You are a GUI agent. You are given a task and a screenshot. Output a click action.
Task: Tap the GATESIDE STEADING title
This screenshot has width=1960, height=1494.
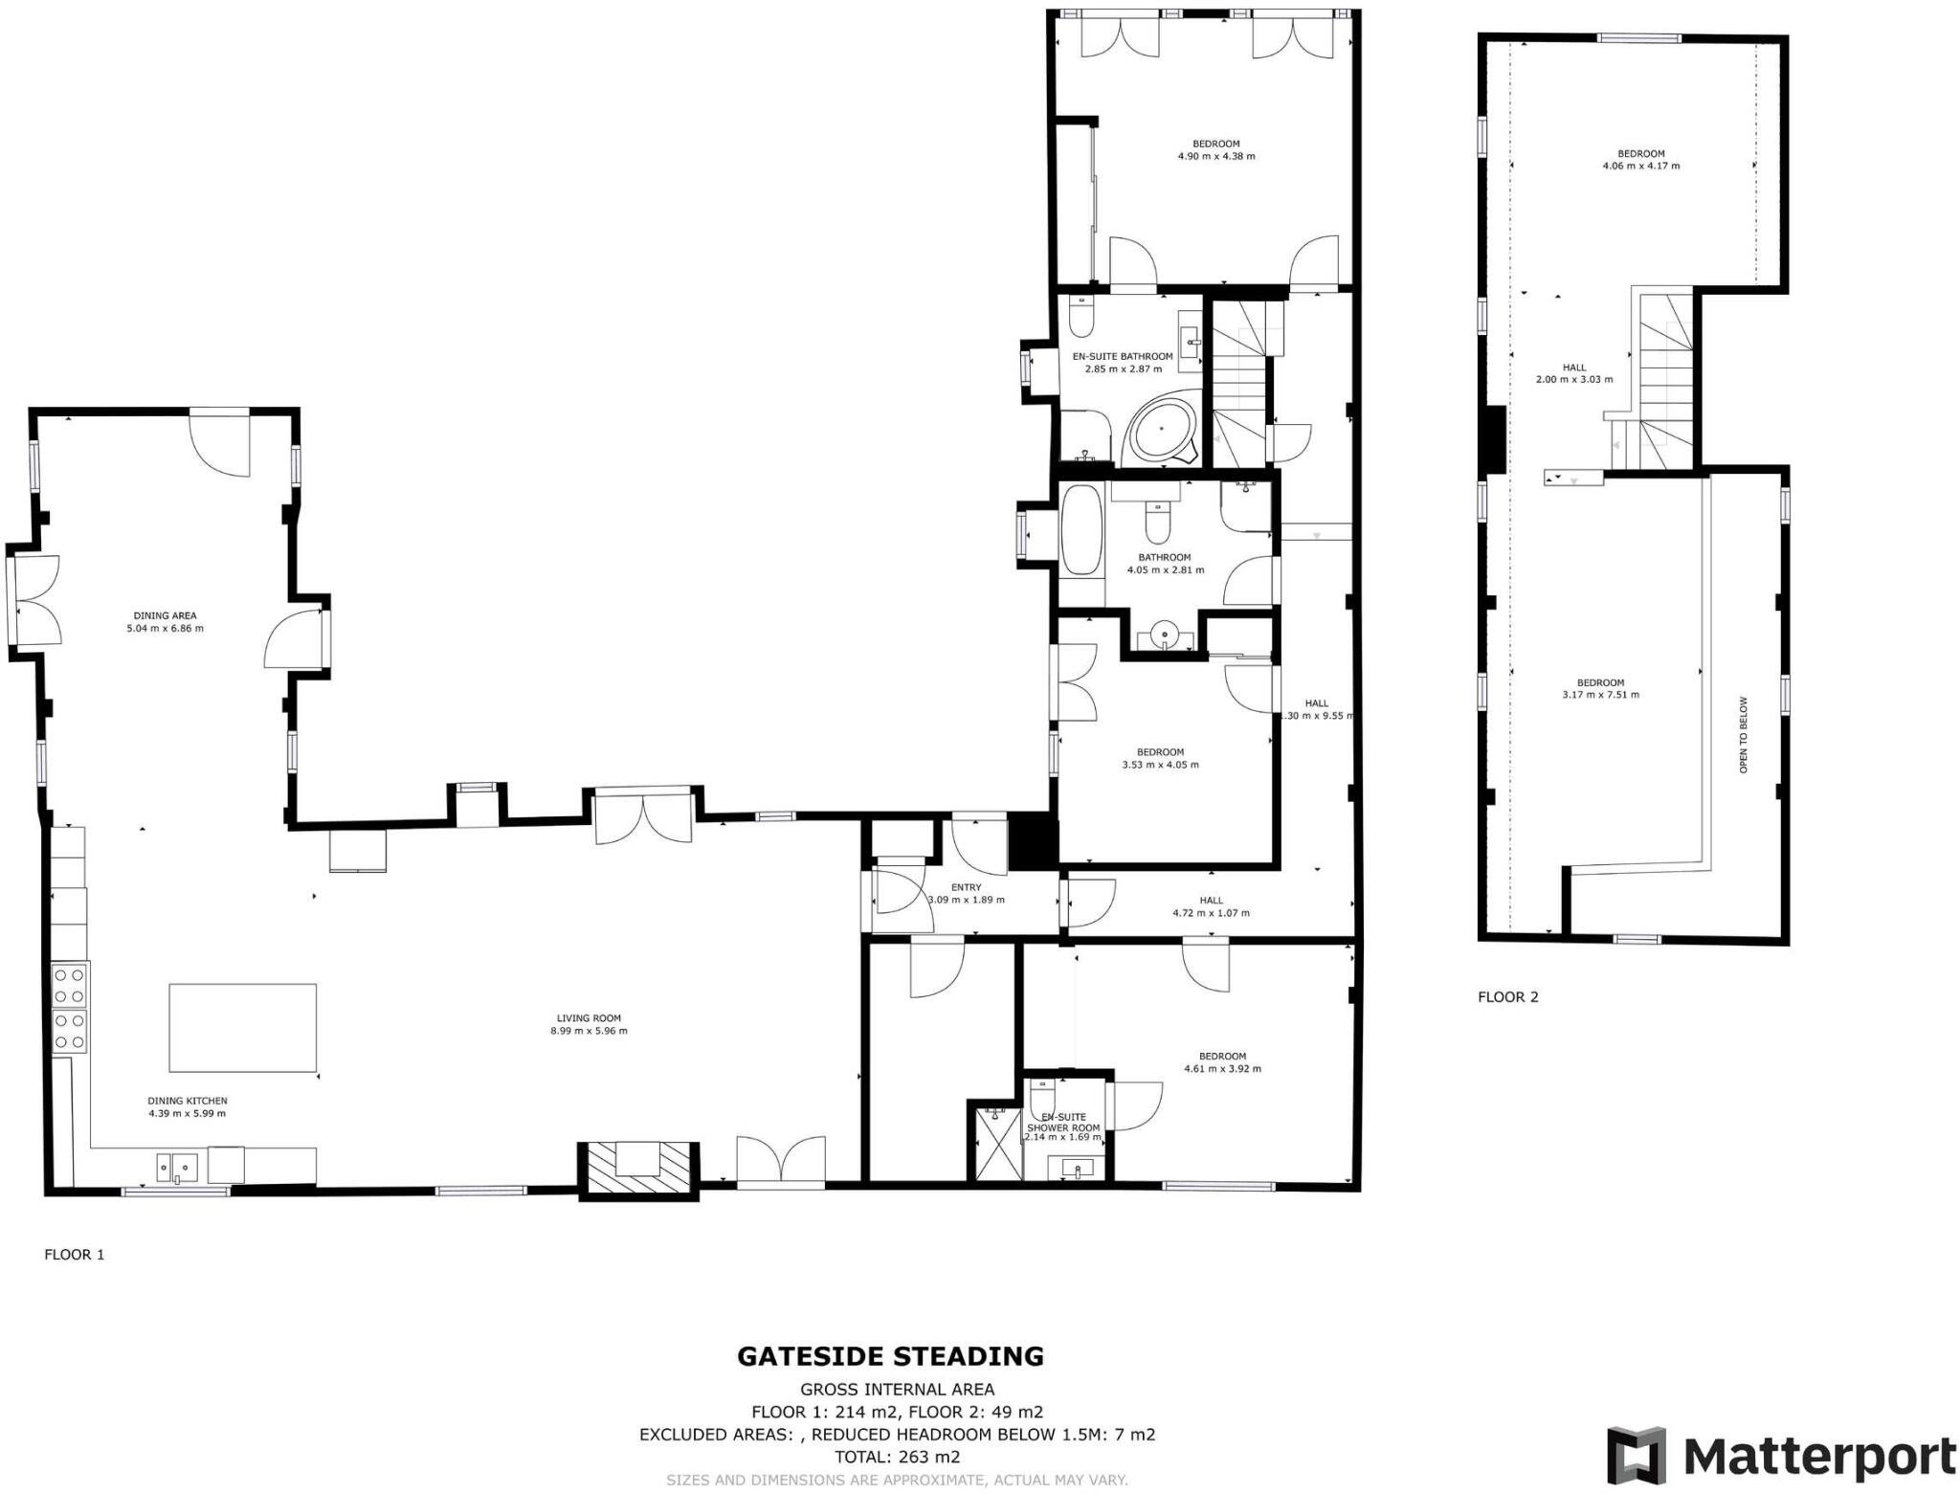point(890,1356)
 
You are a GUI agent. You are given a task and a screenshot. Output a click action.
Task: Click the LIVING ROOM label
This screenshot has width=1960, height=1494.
point(589,1018)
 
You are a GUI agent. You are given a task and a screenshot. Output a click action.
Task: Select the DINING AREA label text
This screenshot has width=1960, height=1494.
point(165,615)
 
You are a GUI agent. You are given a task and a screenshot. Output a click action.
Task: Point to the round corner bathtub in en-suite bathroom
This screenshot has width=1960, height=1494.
point(1163,434)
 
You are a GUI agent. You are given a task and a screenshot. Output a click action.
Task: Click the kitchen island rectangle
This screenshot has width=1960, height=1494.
point(242,1027)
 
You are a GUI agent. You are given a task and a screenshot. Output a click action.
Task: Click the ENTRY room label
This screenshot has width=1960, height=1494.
point(966,887)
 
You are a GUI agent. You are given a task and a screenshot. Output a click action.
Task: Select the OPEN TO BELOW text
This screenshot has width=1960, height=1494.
point(1743,734)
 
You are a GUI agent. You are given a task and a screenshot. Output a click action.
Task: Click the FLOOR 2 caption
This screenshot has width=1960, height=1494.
point(1507,996)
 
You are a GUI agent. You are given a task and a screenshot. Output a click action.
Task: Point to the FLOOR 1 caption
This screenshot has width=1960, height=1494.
point(74,1254)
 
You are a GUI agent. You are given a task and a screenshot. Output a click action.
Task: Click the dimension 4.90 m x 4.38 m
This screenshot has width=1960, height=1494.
point(1215,156)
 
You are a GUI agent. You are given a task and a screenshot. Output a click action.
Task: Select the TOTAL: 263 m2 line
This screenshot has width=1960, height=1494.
point(897,1457)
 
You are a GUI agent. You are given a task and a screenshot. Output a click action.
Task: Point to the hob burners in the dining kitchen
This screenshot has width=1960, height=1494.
point(70,1007)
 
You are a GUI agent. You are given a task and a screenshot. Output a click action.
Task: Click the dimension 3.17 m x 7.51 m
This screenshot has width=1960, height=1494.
point(1600,695)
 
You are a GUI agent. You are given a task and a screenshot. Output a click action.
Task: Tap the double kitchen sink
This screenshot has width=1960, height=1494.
point(177,1167)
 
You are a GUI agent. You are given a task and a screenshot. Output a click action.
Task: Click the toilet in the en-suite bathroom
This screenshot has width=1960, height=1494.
point(1081,319)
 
